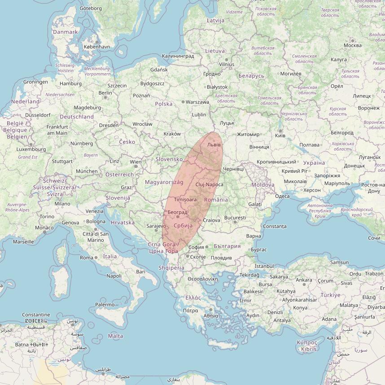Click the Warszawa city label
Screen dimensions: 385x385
tap(197, 102)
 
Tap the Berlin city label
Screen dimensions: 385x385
tap(105, 93)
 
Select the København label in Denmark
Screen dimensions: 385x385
tap(96, 47)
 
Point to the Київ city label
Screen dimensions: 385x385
tap(280, 135)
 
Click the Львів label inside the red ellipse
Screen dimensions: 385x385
tap(214, 145)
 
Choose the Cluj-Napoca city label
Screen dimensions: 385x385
tap(209, 185)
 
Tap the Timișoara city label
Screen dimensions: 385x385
tap(186, 199)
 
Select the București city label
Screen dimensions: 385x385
tap(235, 218)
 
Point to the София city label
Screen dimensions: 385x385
tap(196, 247)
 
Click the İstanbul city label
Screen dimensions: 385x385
tap(264, 266)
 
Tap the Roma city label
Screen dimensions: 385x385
tap(86, 258)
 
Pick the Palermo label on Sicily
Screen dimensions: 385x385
tap(105, 305)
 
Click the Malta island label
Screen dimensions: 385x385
tap(115, 336)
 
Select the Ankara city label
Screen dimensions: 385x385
tap(304, 280)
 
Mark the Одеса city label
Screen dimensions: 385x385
tap(282, 196)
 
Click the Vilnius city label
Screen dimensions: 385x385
tap(227, 65)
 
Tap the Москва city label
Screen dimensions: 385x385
tap(352, 45)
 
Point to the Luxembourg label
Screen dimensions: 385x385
tap(31, 149)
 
